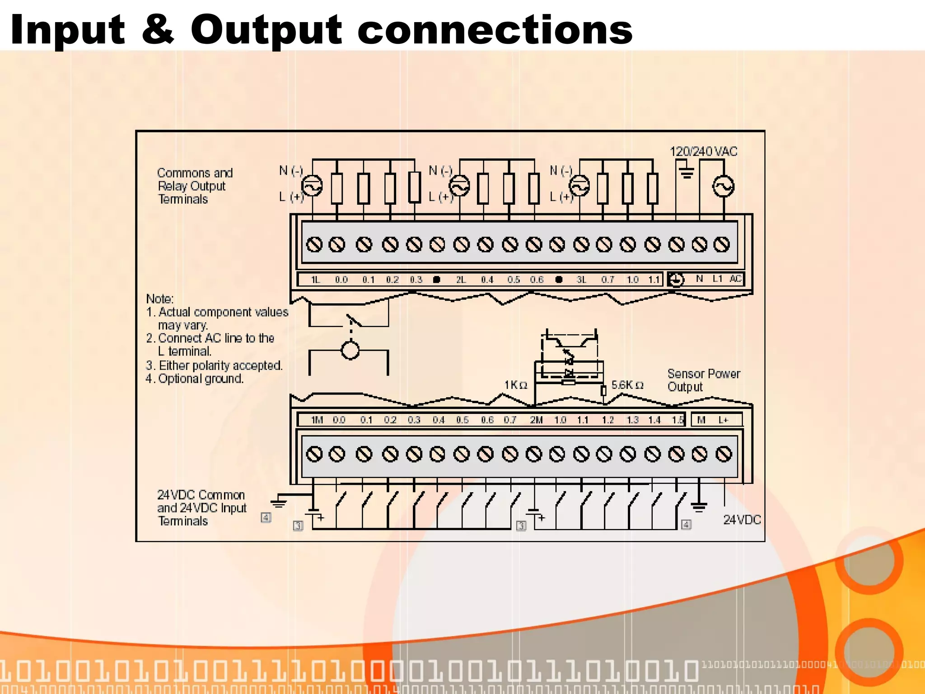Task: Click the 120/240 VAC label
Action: tap(703, 152)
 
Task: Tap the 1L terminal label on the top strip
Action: tap(315, 280)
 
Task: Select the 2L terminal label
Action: tap(460, 280)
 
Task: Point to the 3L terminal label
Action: tap(581, 280)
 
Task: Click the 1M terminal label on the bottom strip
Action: tap(317, 420)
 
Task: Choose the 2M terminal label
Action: tap(536, 420)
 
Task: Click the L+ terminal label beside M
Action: tap(724, 420)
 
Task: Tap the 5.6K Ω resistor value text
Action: tap(627, 385)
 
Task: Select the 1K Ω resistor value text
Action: tap(516, 385)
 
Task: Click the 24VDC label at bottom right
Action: tap(742, 520)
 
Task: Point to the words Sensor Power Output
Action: tap(703, 380)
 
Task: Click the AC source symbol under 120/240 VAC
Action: tap(723, 186)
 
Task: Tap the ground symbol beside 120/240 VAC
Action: tap(687, 173)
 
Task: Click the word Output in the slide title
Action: tap(266, 31)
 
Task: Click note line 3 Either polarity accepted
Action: tap(214, 365)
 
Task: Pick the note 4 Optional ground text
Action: tap(195, 379)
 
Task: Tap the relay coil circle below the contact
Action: tap(350, 350)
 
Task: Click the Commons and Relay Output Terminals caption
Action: tap(194, 186)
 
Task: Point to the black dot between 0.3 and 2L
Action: tap(436, 280)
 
